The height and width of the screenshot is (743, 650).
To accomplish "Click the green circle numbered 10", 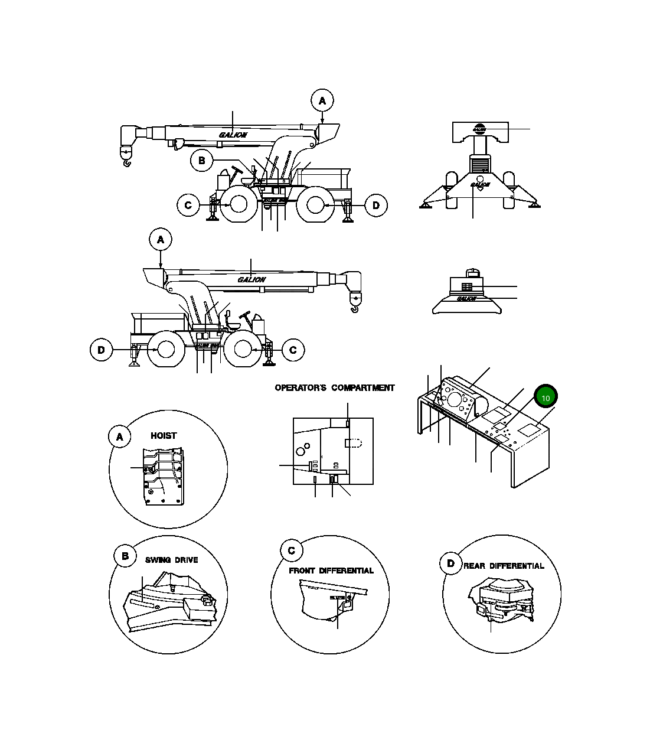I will click(546, 397).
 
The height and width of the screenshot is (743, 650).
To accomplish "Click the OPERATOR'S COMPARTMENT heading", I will click(334, 388).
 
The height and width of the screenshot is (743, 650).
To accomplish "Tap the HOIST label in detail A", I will click(164, 435).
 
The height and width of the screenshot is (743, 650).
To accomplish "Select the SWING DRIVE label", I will click(172, 560).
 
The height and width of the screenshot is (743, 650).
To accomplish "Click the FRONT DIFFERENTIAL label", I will click(331, 571).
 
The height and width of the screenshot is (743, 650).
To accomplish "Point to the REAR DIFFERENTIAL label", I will click(504, 566).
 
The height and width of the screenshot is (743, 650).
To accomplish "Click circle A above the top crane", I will click(322, 100).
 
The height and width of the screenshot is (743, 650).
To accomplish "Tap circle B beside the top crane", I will click(201, 160).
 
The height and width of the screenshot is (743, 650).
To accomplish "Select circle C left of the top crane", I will click(188, 206).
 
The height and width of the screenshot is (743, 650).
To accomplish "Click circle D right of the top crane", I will click(376, 206).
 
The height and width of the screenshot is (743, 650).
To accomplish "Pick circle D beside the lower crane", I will click(101, 350).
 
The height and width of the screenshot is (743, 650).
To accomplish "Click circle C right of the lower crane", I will click(293, 350).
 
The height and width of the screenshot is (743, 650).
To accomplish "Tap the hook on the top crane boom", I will click(126, 158).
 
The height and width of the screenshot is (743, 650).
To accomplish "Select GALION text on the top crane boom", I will click(233, 135).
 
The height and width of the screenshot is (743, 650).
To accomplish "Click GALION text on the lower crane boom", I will click(251, 279).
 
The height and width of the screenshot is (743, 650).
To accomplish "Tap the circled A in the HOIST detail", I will click(120, 437).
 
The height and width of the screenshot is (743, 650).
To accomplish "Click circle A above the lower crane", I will click(160, 240).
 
